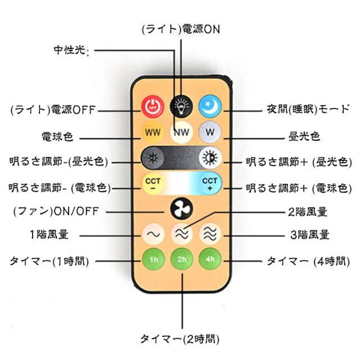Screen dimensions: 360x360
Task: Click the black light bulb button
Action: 181,104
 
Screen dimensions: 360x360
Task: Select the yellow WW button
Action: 151,133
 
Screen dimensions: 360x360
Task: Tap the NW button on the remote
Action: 181,133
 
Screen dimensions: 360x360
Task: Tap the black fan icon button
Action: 181,209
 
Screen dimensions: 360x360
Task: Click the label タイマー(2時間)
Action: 179,339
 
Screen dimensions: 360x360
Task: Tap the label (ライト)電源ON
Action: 180,29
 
